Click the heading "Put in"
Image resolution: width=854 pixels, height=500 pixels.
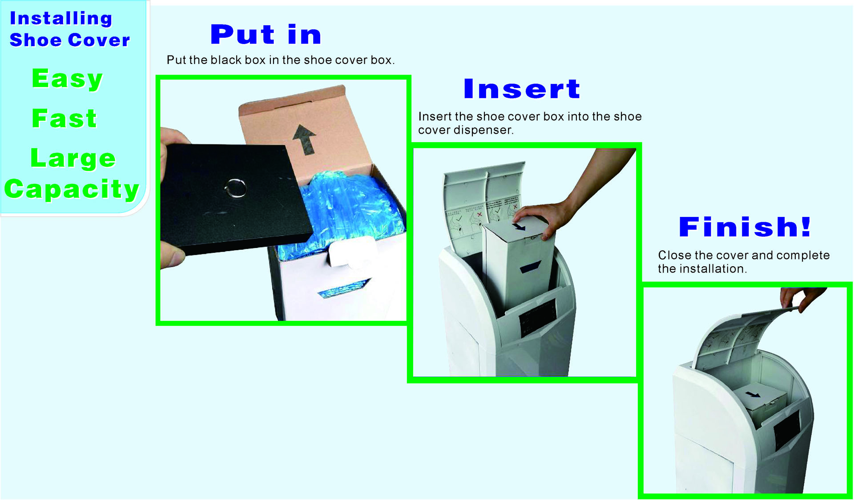[x=266, y=35]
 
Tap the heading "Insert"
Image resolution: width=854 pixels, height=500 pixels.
[x=522, y=88]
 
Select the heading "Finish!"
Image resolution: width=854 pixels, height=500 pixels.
[x=745, y=227]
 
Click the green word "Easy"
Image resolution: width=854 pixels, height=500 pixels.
[x=67, y=79]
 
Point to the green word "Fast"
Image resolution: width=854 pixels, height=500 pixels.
[x=64, y=118]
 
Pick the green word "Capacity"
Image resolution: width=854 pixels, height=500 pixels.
[x=72, y=189]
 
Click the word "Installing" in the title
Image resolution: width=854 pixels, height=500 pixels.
[x=61, y=18]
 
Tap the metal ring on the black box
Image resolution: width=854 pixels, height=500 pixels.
[x=235, y=188]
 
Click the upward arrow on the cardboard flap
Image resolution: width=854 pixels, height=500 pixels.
[x=305, y=139]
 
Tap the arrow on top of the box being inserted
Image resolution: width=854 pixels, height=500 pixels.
[x=518, y=227]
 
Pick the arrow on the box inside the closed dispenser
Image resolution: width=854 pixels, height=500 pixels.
[x=753, y=394]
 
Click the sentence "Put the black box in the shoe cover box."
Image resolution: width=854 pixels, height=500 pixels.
[x=281, y=60]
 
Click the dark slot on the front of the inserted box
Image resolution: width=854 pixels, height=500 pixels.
[x=530, y=267]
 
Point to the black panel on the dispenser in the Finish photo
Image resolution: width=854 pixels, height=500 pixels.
[x=787, y=429]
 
